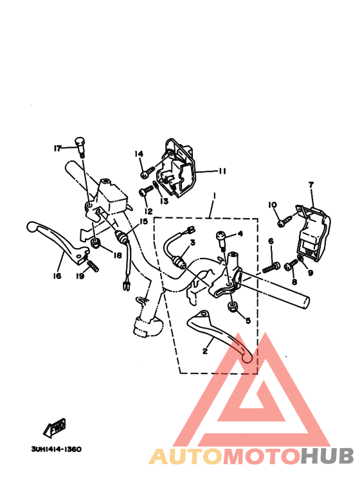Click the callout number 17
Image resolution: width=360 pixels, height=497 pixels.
[57, 148]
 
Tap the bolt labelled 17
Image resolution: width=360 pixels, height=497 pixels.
[80, 147]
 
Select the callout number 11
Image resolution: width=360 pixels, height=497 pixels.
[222, 171]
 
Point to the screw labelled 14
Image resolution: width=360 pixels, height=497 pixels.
[148, 172]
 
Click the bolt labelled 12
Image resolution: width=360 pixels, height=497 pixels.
[147, 191]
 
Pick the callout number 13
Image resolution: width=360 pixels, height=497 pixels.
[164, 201]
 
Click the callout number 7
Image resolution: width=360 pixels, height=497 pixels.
[311, 185]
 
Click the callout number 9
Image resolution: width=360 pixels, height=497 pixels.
[310, 273]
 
